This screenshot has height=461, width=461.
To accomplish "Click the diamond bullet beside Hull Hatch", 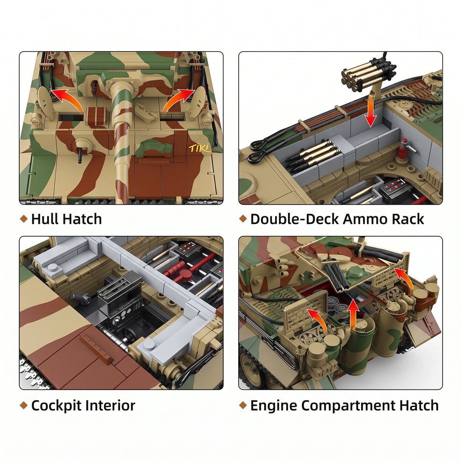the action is pos(24,219).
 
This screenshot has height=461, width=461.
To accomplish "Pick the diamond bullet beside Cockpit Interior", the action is pos(24,405).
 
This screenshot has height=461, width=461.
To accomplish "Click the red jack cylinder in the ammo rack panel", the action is pos(405,148).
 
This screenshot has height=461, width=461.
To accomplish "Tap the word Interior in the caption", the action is pos(110,406).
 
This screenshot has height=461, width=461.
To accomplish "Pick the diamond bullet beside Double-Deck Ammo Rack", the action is pos(242,219).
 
